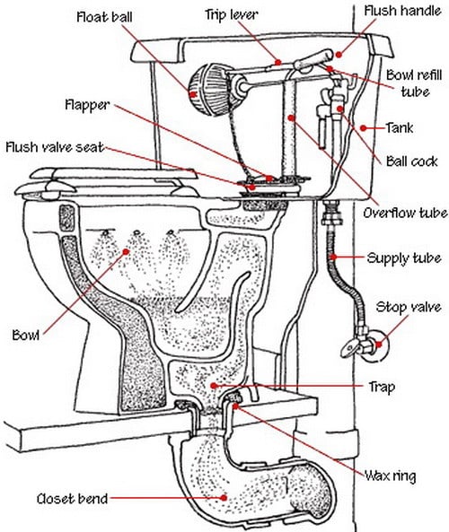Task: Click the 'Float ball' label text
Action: (104, 17)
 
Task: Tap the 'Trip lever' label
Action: (232, 14)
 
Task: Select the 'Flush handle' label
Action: (402, 11)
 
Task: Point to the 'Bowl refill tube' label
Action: (414, 83)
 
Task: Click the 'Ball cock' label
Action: (412, 161)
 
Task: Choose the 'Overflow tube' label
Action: (405, 214)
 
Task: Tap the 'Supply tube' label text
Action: (404, 258)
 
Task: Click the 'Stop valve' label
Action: (409, 307)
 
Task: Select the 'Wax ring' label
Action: (391, 475)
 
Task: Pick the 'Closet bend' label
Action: (72, 499)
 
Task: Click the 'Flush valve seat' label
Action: (55, 147)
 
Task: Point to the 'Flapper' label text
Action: (87, 105)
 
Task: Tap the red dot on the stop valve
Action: (379, 344)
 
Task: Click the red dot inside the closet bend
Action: (224, 497)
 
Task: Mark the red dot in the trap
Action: (214, 386)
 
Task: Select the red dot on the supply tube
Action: (333, 257)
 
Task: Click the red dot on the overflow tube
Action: (291, 118)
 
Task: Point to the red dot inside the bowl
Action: (126, 251)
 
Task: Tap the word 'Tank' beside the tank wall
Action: (400, 128)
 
